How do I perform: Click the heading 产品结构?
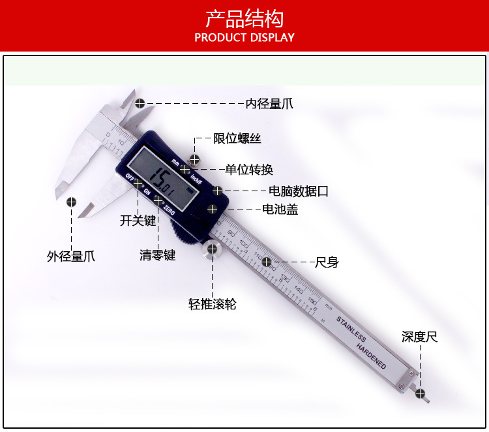pyautogui.click(x=244, y=18)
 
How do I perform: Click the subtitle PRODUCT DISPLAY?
pyautogui.click(x=244, y=37)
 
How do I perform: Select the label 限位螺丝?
pyautogui.click(x=237, y=138)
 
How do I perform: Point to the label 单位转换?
pyautogui.click(x=248, y=170)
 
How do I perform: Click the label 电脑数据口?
pyautogui.click(x=299, y=191)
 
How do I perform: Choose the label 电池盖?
pyautogui.click(x=280, y=209)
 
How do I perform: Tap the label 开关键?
pyautogui.click(x=138, y=220)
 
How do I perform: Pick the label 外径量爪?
pyautogui.click(x=70, y=256)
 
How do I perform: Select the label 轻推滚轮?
pyautogui.click(x=212, y=304)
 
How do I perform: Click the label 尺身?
pyautogui.click(x=327, y=262)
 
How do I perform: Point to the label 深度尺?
pyautogui.click(x=419, y=337)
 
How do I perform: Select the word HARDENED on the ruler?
pyautogui.click(x=372, y=354)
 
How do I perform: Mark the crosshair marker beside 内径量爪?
pyautogui.click(x=140, y=103)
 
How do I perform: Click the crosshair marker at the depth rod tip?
pyautogui.click(x=421, y=393)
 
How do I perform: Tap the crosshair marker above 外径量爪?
pyautogui.click(x=70, y=202)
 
